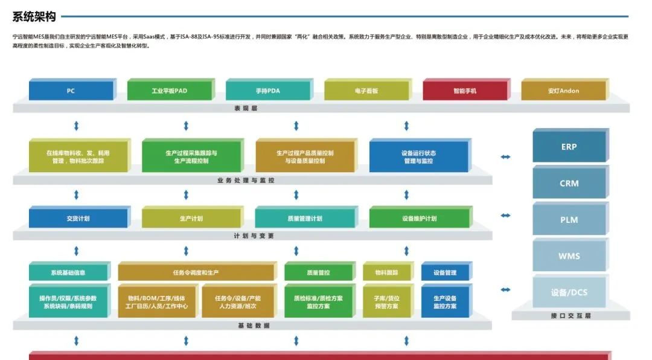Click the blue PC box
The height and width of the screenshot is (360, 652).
[71, 91]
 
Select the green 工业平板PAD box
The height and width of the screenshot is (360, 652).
[169, 91]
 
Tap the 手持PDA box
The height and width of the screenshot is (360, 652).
[267, 91]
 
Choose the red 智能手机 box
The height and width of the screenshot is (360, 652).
[465, 91]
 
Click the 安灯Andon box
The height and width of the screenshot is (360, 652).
[563, 91]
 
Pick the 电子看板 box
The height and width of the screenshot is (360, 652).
[366, 91]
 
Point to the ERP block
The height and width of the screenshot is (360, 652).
[569, 147]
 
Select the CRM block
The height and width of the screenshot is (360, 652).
[569, 183]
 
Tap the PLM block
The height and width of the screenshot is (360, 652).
[569, 220]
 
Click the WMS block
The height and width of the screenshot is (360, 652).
[569, 256]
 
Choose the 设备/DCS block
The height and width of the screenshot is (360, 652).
[569, 292]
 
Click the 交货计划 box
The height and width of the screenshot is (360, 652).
[78, 219]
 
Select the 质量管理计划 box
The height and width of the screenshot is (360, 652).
[305, 219]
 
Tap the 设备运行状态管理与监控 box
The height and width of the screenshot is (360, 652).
[418, 157]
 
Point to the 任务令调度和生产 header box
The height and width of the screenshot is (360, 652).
[196, 272]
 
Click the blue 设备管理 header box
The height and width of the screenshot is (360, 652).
[445, 272]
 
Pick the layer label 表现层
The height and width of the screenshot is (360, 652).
[246, 108]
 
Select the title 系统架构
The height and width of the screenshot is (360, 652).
[34, 16]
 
